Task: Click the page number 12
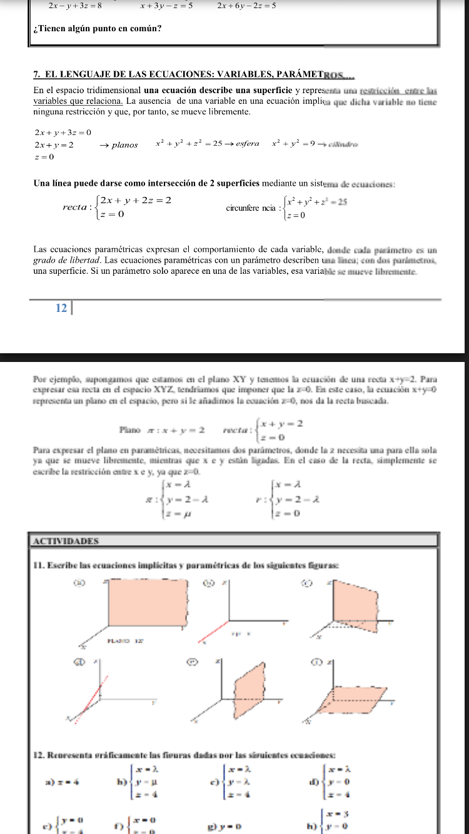tap(61, 308)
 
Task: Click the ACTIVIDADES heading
tap(63, 541)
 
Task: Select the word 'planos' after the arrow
tap(125, 145)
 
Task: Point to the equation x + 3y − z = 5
tap(166, 6)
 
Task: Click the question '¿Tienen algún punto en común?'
tap(98, 28)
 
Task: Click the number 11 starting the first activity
tap(38, 566)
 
